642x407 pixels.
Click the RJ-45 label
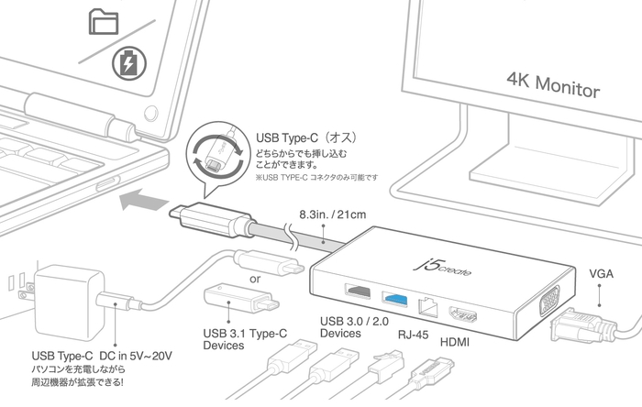coord(412,335)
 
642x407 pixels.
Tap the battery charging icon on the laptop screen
coord(127,64)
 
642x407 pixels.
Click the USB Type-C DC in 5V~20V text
coord(102,355)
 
